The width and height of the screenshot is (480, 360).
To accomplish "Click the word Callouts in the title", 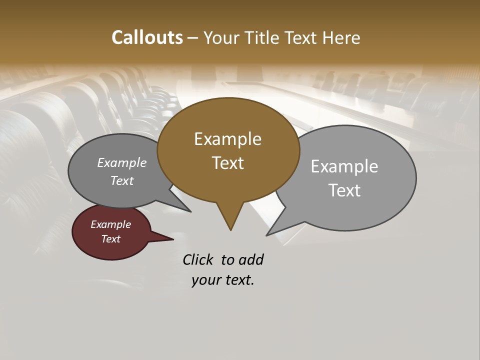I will pyautogui.click(x=147, y=37).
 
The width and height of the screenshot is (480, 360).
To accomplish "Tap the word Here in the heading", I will pyautogui.click(x=341, y=37).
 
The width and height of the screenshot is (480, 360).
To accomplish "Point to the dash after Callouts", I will pyautogui.click(x=193, y=38).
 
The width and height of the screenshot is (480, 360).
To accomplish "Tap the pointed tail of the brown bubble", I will pyautogui.click(x=230, y=222).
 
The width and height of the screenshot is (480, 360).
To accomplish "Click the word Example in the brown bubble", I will pyautogui.click(x=227, y=139).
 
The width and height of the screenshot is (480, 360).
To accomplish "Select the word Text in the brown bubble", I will pyautogui.click(x=228, y=163).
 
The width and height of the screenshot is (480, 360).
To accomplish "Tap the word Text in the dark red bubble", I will pyautogui.click(x=111, y=239).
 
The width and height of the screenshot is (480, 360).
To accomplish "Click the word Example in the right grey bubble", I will pyautogui.click(x=344, y=166).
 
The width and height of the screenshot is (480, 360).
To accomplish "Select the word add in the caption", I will pyautogui.click(x=251, y=259).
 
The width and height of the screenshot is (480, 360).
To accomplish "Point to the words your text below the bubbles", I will pyautogui.click(x=223, y=280).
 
